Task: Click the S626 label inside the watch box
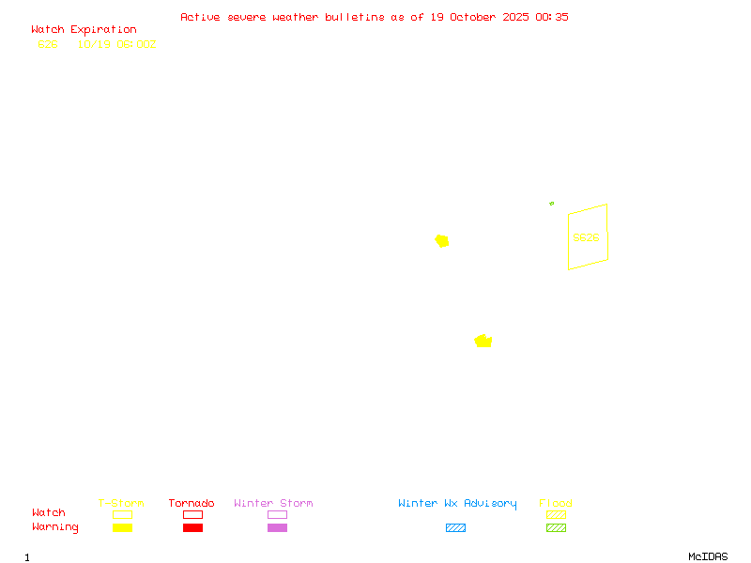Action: [x=586, y=237]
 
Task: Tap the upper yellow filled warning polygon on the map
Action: [x=442, y=241]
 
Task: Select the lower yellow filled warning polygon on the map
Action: [x=483, y=341]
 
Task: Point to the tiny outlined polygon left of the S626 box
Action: [x=552, y=203]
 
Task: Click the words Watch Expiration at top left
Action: [x=84, y=30]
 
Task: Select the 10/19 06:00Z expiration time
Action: [x=116, y=44]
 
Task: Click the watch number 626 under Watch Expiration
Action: [x=47, y=44]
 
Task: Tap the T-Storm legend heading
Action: [x=121, y=504]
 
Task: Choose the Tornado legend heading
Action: [x=192, y=504]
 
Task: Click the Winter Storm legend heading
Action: [x=273, y=504]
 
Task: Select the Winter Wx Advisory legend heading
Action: [x=457, y=504]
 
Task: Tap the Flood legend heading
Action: [x=556, y=504]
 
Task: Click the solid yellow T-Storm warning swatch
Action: [x=122, y=528]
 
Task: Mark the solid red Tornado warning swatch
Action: [x=192, y=528]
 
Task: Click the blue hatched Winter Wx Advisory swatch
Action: [x=455, y=528]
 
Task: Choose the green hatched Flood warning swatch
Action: [x=556, y=528]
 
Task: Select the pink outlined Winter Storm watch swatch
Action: [x=277, y=514]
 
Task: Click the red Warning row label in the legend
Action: [x=55, y=527]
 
